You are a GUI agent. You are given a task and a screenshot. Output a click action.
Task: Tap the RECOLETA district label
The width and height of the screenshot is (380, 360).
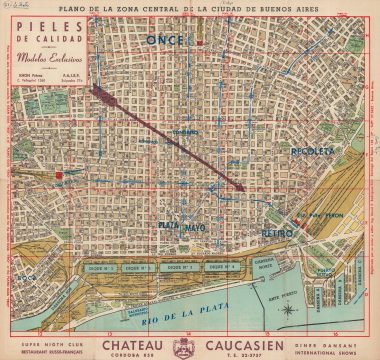point(312,151)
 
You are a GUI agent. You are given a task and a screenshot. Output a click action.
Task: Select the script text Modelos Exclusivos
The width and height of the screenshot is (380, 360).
point(41,59)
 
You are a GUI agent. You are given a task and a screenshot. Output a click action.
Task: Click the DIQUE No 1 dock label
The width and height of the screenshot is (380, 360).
point(106,268)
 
